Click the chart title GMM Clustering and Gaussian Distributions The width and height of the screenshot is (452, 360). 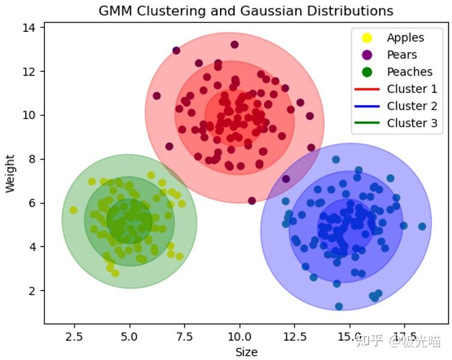click(246, 11)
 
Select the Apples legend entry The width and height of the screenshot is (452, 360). click(405, 38)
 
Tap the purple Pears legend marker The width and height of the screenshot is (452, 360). click(367, 55)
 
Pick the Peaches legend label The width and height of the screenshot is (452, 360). click(409, 72)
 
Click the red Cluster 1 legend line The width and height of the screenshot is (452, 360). click(367, 89)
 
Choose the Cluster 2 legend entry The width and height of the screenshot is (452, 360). click(412, 106)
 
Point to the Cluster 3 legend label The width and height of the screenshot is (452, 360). click(412, 123)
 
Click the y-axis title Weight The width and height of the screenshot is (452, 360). click(10, 173)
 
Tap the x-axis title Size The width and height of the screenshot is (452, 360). click(246, 352)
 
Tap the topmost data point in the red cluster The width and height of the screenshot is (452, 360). click(234, 44)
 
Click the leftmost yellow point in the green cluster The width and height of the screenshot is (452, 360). click(73, 210)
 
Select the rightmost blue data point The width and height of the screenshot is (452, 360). click(422, 226)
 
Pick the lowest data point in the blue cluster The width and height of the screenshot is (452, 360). click(339, 306)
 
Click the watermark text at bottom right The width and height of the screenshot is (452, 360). click(398, 341)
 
